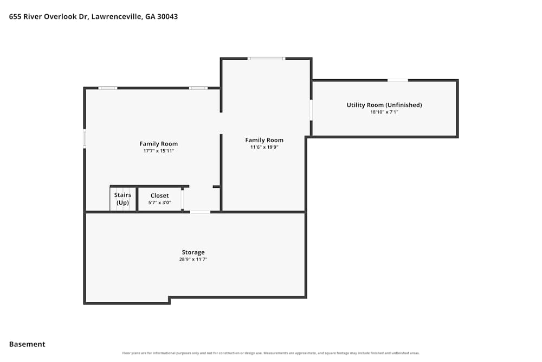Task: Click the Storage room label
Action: coord(193,252)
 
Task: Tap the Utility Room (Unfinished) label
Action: coord(384,105)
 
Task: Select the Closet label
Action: coord(160,195)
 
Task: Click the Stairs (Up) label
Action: coord(122,199)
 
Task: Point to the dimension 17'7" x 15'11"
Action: coord(159,151)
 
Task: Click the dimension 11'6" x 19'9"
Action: coord(264,147)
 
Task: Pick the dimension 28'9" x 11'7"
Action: coord(193,259)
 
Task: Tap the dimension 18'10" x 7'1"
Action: coord(384,112)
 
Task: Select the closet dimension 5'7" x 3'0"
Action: coord(160,203)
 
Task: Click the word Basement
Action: coord(27,344)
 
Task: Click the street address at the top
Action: coord(93,16)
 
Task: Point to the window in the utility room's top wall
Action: coord(397,80)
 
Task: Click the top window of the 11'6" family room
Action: coord(266,59)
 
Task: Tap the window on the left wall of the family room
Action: coord(85,138)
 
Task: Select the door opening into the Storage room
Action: coord(200,212)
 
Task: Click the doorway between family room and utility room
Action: coord(311,110)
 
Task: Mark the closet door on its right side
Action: coord(183,199)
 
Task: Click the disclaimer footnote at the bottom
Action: coord(271,353)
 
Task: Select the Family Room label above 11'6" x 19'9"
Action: coord(264,140)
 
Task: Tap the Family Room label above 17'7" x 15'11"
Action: coord(159,144)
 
